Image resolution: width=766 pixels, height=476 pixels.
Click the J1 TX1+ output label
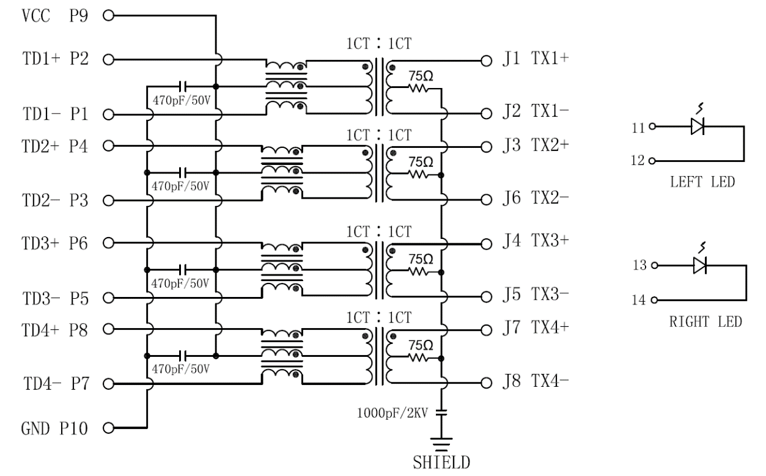tap(535, 60)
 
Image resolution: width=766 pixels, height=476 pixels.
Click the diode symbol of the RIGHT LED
tap(699, 266)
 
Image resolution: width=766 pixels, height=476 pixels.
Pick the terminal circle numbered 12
tap(652, 161)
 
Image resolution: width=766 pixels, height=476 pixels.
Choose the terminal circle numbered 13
tap(655, 266)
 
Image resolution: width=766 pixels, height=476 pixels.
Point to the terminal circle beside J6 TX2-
tap(487, 200)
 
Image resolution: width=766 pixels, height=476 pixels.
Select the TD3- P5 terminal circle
tap(109, 298)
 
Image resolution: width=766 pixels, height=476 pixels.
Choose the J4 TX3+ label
tap(535, 241)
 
